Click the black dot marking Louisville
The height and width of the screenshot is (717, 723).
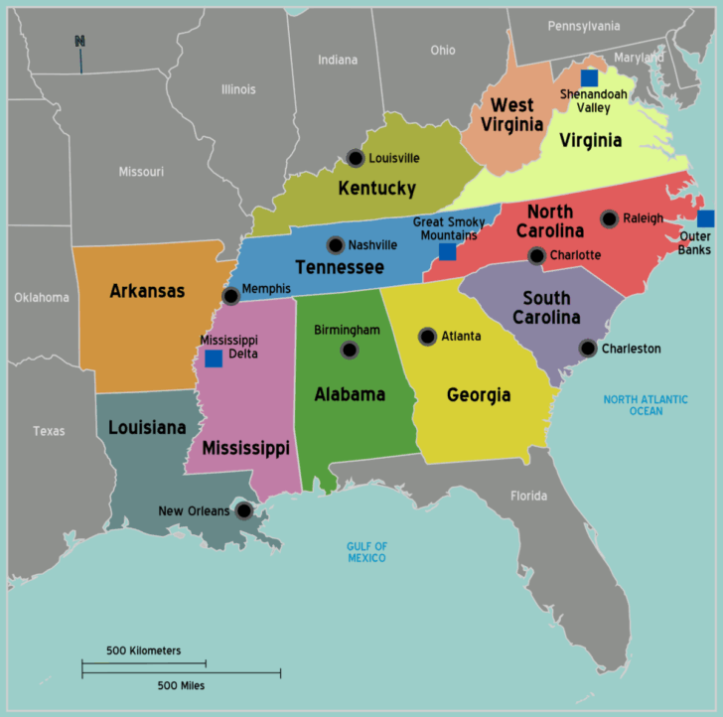356,158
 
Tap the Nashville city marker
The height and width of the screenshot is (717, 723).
336,245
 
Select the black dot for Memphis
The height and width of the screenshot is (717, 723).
231,296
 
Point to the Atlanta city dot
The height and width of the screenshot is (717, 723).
427,337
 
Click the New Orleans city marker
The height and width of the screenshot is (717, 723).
243,511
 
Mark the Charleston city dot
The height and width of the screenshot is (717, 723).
588,349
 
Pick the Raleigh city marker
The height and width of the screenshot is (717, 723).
609,218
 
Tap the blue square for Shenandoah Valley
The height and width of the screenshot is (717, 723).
589,77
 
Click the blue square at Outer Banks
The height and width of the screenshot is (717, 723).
705,218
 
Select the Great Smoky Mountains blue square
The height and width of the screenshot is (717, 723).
447,251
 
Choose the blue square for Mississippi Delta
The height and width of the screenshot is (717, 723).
214,358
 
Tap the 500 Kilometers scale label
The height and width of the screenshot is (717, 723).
144,650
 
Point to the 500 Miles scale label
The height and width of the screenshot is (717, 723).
182,685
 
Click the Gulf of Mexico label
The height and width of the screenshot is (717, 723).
366,552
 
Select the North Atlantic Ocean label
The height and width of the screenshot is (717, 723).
646,405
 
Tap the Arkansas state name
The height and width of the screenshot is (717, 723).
147,291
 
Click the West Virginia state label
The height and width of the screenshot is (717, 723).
513,114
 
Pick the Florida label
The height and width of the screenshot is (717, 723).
528,496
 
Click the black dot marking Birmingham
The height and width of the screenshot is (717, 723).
349,350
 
